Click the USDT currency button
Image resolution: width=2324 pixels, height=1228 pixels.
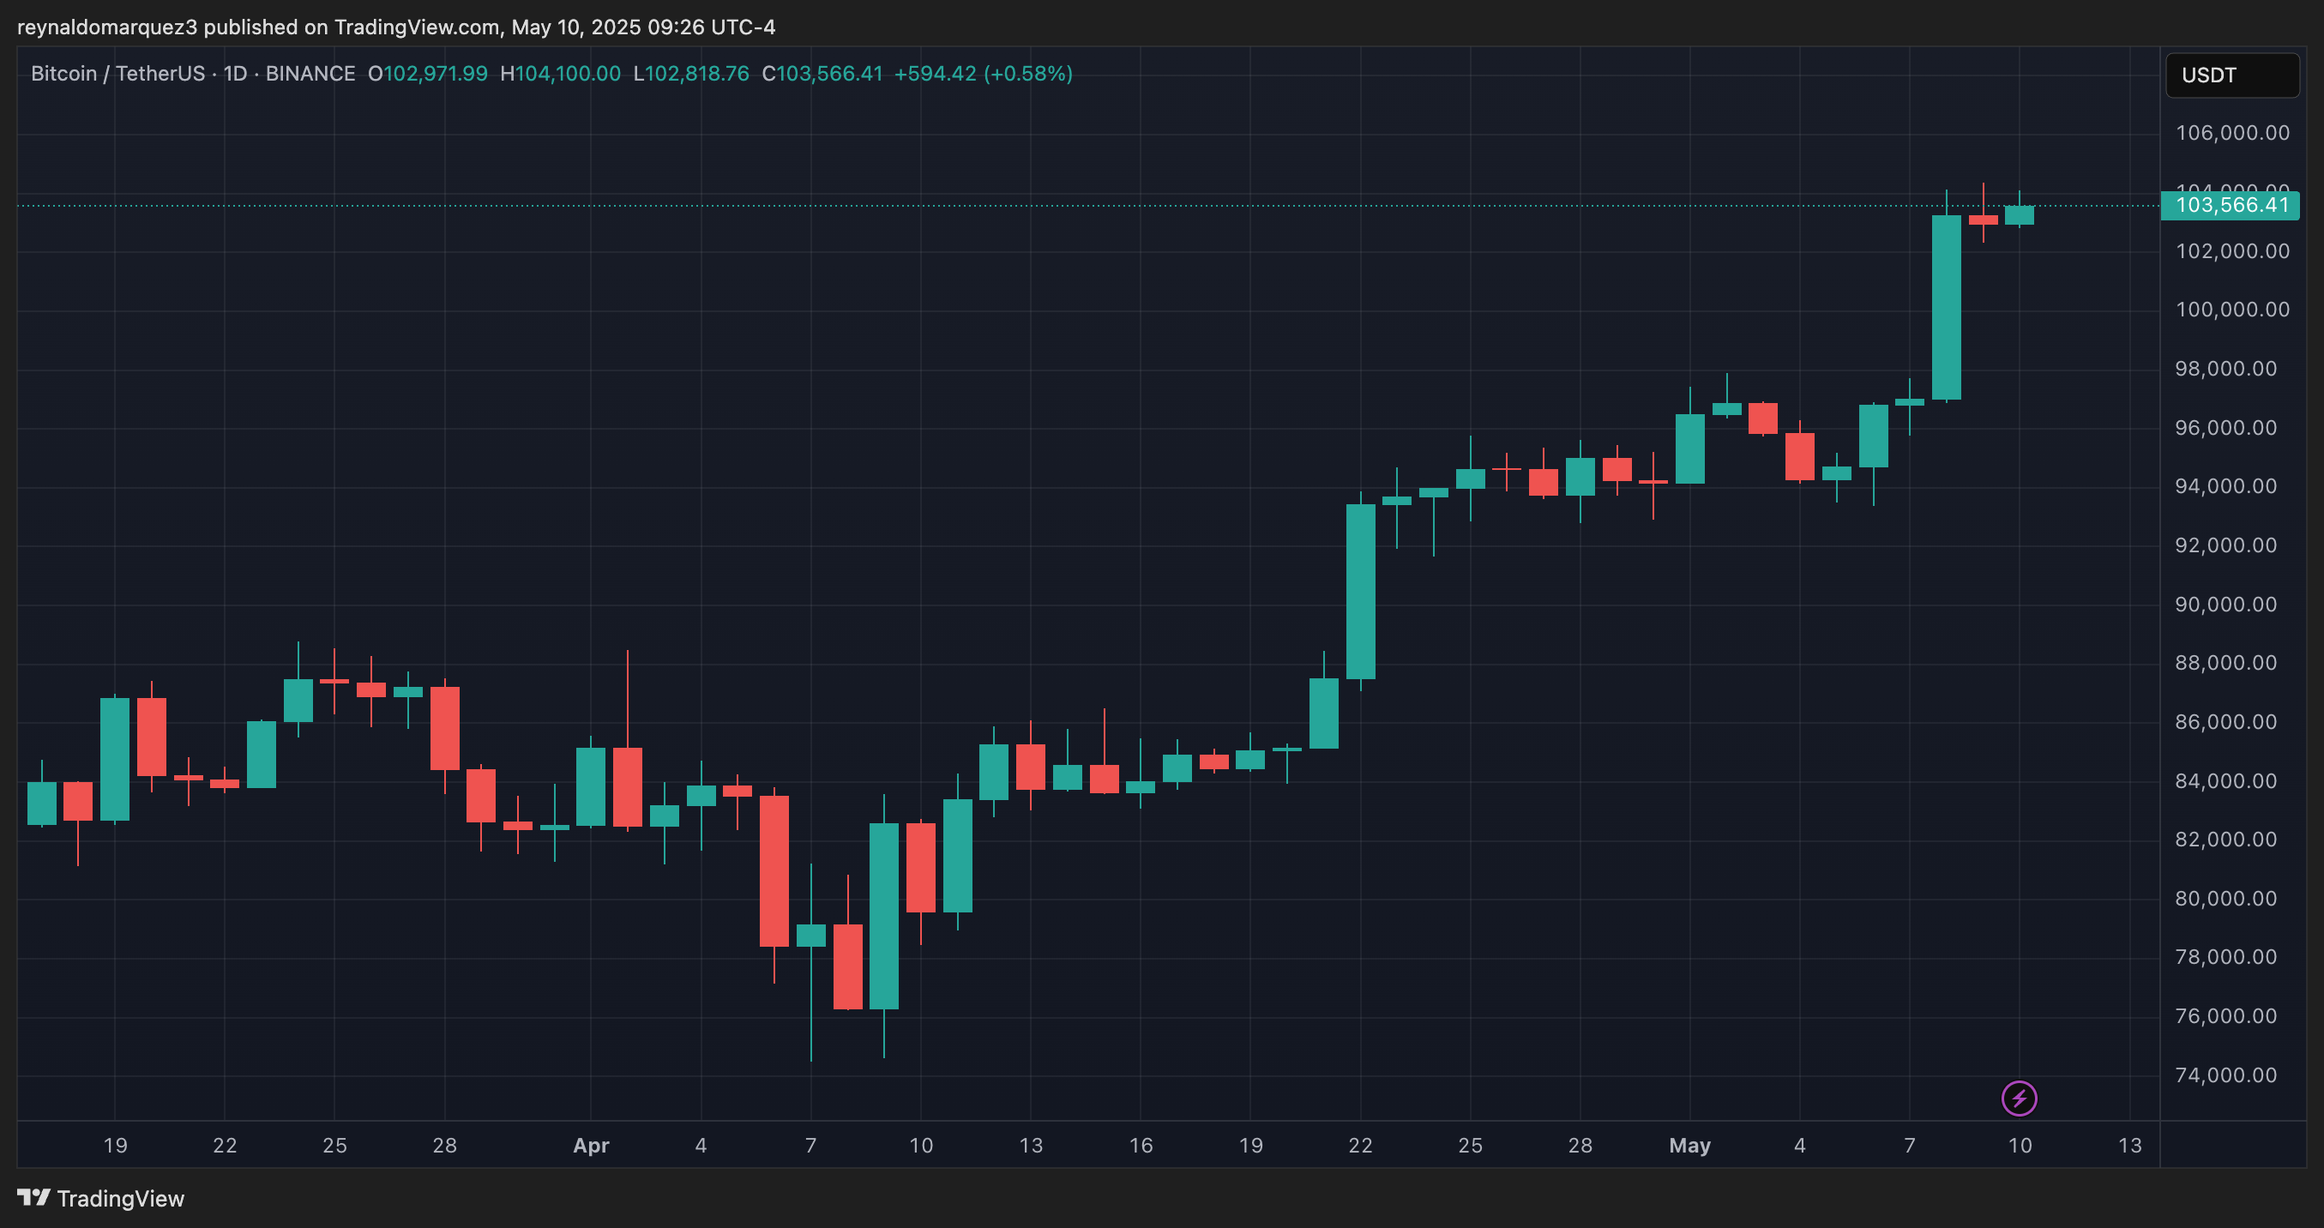(x=2231, y=75)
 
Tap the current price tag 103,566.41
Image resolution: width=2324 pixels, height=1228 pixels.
(x=2231, y=206)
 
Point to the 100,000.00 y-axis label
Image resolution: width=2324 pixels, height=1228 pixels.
(x=2232, y=310)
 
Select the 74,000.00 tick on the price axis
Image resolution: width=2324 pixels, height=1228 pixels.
(x=2225, y=1074)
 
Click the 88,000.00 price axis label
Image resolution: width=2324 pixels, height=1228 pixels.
(x=2225, y=663)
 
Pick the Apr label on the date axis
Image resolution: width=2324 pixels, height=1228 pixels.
(x=591, y=1145)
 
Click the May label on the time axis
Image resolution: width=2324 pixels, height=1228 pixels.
(x=1689, y=1145)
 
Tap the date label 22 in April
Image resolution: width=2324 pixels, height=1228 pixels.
(x=1359, y=1145)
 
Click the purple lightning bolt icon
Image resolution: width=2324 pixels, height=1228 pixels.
(x=2019, y=1098)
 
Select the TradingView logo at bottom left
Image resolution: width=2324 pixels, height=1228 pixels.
(x=101, y=1198)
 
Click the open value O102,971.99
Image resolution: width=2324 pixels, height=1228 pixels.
(x=428, y=74)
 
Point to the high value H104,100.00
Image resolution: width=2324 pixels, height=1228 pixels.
(x=560, y=74)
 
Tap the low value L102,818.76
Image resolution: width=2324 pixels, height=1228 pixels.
(x=691, y=74)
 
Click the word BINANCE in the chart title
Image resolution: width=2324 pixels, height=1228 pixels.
(x=310, y=74)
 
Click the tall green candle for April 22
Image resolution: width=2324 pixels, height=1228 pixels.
(x=1360, y=591)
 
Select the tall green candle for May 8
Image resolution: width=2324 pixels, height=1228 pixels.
(x=1946, y=307)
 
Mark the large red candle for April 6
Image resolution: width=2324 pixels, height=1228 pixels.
(x=774, y=870)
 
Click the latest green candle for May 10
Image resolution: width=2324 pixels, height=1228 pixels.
(x=2019, y=214)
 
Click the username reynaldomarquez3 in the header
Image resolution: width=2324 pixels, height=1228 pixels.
(x=106, y=27)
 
